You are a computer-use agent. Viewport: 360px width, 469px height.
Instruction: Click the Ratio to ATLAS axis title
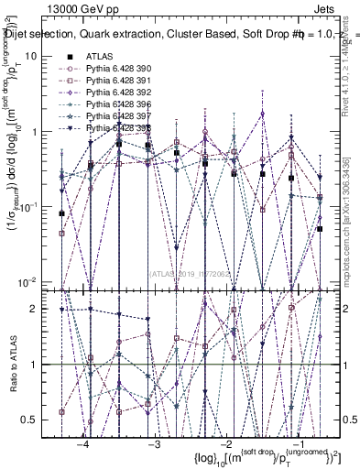click(x=13, y=365)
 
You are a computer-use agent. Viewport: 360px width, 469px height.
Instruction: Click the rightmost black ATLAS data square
click(x=320, y=229)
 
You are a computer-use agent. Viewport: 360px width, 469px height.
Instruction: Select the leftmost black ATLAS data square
click(x=61, y=213)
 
